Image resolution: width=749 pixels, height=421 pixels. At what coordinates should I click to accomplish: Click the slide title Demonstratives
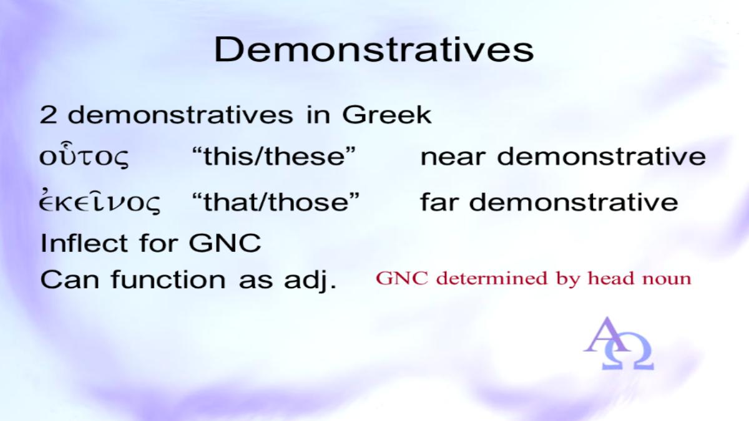pyautogui.click(x=374, y=49)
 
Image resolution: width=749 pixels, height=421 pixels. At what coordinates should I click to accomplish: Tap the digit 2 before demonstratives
pyautogui.click(x=48, y=115)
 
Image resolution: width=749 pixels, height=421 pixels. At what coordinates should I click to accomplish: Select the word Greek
pyautogui.click(x=387, y=115)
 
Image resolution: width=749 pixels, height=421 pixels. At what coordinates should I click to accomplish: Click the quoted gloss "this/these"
pyautogui.click(x=274, y=156)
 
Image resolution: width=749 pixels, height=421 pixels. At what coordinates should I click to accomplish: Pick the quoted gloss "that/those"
pyautogui.click(x=276, y=202)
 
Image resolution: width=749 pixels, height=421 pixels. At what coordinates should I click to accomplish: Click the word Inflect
pyautogui.click(x=84, y=243)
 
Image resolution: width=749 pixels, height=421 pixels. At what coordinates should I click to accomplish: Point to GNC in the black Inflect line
pyautogui.click(x=225, y=243)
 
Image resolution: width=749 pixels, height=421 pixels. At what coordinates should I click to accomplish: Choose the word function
pyautogui.click(x=169, y=279)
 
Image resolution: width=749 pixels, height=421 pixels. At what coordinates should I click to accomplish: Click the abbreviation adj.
pyautogui.click(x=310, y=281)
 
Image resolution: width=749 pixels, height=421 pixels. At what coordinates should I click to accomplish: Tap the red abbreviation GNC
pyautogui.click(x=402, y=278)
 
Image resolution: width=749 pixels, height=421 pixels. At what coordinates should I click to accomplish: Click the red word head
pyautogui.click(x=611, y=278)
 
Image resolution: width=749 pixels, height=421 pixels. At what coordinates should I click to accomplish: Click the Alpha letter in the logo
pyautogui.click(x=606, y=335)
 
